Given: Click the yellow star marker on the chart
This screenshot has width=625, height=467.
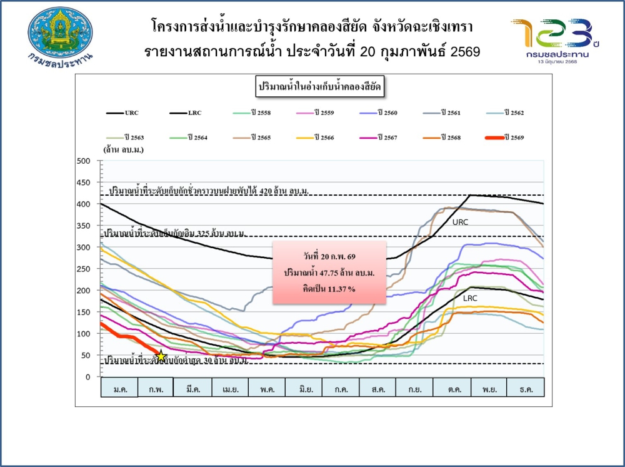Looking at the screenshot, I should tap(161, 356).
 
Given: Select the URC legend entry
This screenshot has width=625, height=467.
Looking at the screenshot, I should tap(122, 113).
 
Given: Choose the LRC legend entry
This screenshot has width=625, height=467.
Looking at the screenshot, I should tap(186, 113).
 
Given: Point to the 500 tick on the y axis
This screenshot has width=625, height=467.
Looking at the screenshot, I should tap(84, 161).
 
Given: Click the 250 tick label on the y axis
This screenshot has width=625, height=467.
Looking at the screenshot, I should tap(84, 269).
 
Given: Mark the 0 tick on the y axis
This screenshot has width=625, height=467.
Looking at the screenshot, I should tap(88, 377).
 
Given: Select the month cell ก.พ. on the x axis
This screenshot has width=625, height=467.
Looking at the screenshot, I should tap(156, 388).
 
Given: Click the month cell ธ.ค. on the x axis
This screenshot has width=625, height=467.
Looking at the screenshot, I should tap(525, 388).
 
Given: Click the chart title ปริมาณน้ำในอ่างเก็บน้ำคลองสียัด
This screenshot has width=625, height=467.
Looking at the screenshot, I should tap(319, 87).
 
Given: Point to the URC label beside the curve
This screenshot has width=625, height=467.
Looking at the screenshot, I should tap(460, 222).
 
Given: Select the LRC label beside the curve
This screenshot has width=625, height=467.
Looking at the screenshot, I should tap(470, 298).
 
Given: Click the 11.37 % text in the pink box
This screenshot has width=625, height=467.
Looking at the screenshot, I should tap(321, 289).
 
